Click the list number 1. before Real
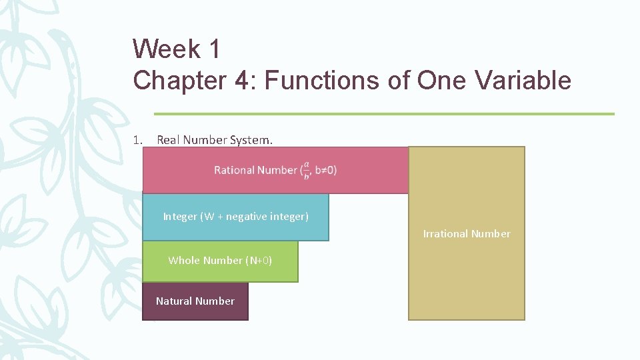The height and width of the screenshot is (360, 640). click(138, 140)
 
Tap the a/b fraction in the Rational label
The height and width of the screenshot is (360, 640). click(307, 170)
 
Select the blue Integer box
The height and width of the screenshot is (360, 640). click(235, 217)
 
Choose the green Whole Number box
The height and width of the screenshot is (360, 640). click(220, 261)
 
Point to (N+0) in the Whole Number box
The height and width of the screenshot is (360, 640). click(259, 261)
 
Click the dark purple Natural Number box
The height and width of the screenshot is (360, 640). click(195, 301)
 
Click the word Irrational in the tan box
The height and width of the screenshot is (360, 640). click(445, 234)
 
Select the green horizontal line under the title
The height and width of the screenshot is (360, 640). click(383, 114)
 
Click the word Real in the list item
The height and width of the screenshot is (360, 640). click(168, 140)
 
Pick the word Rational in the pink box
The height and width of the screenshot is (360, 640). click(234, 170)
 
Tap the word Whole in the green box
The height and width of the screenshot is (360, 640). click(183, 261)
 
